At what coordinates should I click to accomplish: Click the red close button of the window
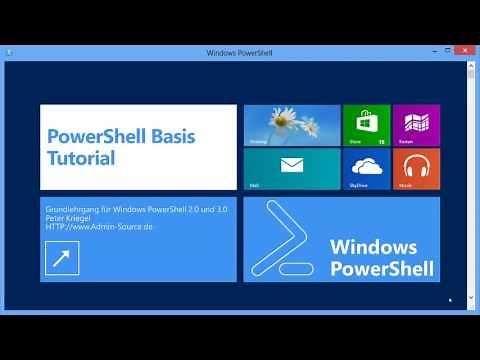466,52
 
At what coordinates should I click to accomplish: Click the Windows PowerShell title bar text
239,52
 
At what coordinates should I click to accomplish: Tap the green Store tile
366,124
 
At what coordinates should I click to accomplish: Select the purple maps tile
416,124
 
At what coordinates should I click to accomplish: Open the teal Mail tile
292,169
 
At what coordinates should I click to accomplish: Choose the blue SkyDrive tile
366,169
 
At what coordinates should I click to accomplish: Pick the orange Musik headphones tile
416,169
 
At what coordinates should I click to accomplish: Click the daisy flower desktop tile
292,124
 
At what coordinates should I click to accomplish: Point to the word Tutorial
81,158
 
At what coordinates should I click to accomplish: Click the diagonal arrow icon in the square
62,257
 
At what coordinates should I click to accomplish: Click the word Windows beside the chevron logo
372,246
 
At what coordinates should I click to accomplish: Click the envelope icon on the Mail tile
292,166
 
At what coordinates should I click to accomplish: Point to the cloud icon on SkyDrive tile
366,166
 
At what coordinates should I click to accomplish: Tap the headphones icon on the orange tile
416,166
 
